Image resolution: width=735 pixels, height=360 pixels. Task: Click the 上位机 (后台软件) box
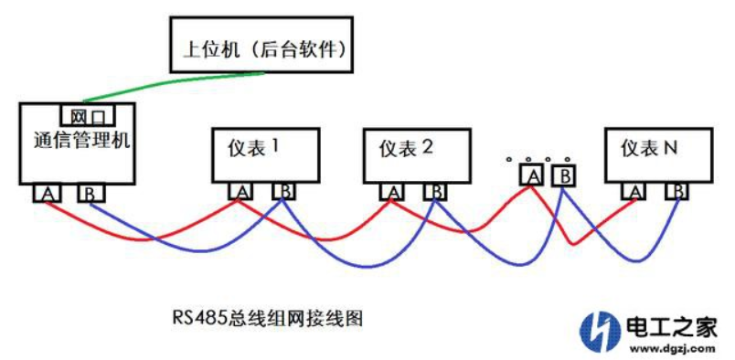click(260, 43)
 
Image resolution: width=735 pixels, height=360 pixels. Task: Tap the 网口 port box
click(88, 115)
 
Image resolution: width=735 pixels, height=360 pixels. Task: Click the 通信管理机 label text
click(77, 142)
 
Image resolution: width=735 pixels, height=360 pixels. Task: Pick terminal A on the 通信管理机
click(47, 194)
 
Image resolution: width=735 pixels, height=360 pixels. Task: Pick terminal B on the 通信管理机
click(91, 194)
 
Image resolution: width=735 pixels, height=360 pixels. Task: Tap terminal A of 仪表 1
click(240, 191)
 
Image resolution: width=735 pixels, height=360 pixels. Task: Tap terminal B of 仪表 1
click(284, 191)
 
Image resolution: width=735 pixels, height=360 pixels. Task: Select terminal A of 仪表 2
click(392, 191)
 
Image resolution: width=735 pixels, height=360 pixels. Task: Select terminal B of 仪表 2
click(437, 191)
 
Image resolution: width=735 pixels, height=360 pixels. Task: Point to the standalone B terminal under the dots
click(566, 174)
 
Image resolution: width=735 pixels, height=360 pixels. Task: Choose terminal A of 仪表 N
click(634, 191)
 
